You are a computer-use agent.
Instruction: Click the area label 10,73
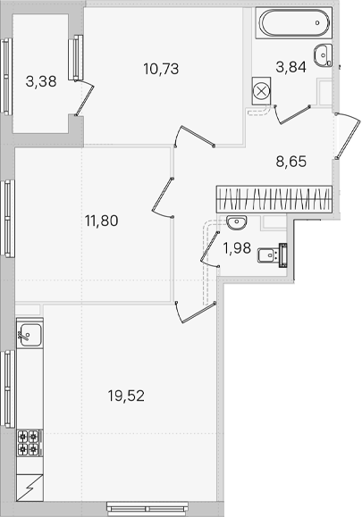[x=161, y=69]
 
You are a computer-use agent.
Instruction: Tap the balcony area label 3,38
[x=41, y=81]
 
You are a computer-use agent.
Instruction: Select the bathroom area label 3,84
[x=291, y=67]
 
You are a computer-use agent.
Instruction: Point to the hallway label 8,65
[x=291, y=162]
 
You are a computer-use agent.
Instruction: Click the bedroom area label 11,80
[x=101, y=221]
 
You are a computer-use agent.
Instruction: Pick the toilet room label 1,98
[x=237, y=248]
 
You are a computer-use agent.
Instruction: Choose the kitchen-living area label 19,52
[x=126, y=396]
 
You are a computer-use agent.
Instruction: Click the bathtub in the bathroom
[x=294, y=23]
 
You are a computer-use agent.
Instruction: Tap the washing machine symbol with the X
[x=261, y=91]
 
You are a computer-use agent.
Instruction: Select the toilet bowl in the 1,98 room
[x=273, y=255]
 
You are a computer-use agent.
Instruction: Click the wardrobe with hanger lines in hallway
[x=274, y=199]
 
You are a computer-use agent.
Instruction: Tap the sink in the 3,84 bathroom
[x=323, y=55]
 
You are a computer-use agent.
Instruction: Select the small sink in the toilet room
[x=237, y=222]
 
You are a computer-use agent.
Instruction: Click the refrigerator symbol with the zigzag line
[x=30, y=488]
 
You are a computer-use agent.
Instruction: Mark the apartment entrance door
[x=348, y=136]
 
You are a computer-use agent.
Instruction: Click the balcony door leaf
[x=85, y=97]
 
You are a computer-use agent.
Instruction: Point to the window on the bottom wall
[x=147, y=508]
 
